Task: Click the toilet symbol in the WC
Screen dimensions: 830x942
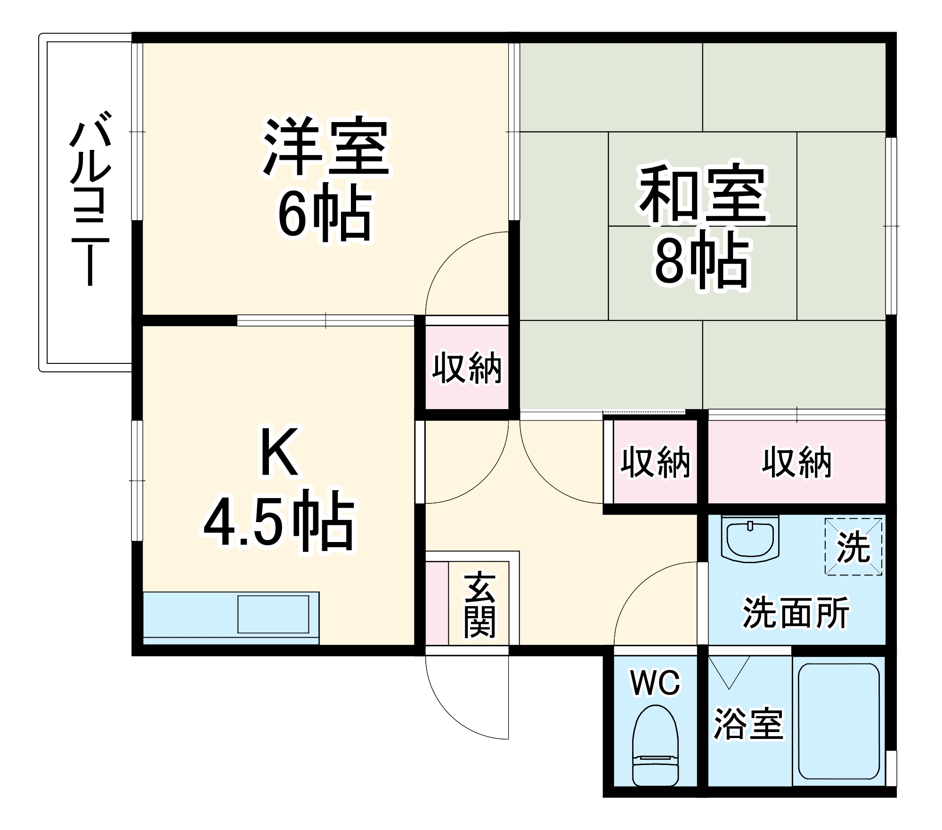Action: tap(655, 745)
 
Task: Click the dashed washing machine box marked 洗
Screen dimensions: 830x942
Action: tap(853, 546)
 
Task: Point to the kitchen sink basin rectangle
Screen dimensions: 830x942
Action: tap(273, 614)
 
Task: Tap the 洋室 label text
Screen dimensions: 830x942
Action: tap(326, 147)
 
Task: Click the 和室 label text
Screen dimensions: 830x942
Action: tap(703, 194)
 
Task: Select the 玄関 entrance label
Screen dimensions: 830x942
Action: tap(480, 605)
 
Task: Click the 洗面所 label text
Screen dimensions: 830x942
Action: tap(796, 613)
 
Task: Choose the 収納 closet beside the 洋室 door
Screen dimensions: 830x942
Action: tap(467, 368)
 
